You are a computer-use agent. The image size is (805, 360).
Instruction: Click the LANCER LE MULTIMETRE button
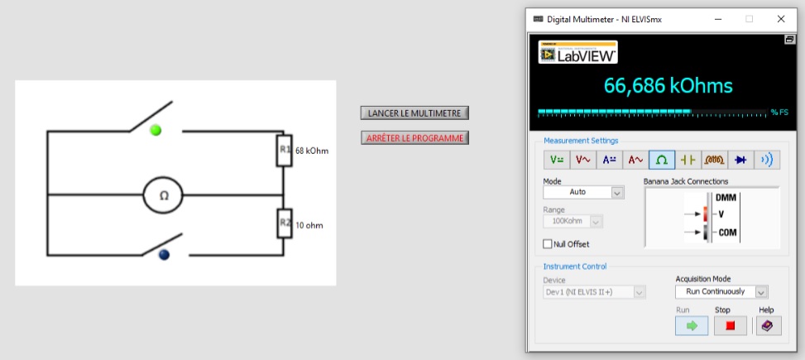[414, 113]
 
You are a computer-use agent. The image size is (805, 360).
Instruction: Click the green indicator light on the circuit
[156, 130]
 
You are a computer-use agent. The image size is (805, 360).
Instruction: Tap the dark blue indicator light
[164, 254]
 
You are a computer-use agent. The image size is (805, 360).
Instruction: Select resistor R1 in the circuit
[285, 151]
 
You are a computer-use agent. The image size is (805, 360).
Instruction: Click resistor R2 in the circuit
[285, 223]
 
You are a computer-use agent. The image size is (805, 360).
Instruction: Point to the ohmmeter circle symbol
[163, 195]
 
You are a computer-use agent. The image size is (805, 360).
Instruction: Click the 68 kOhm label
[312, 151]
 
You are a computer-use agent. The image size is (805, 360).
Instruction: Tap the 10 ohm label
[309, 225]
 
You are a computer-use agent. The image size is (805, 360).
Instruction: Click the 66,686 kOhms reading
[668, 86]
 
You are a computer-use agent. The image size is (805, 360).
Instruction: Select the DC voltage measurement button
[557, 160]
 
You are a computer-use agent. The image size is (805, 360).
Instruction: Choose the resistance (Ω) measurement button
[662, 160]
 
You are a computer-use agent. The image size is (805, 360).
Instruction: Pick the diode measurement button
[740, 160]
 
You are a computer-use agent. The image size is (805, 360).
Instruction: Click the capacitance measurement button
[688, 160]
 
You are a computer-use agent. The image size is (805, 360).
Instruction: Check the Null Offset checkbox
[547, 244]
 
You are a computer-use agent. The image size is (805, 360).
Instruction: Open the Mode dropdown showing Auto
[583, 192]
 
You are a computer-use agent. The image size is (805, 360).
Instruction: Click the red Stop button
[730, 325]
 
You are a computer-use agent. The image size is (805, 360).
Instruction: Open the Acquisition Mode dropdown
[721, 291]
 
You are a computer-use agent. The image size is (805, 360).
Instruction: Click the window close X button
[781, 19]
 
